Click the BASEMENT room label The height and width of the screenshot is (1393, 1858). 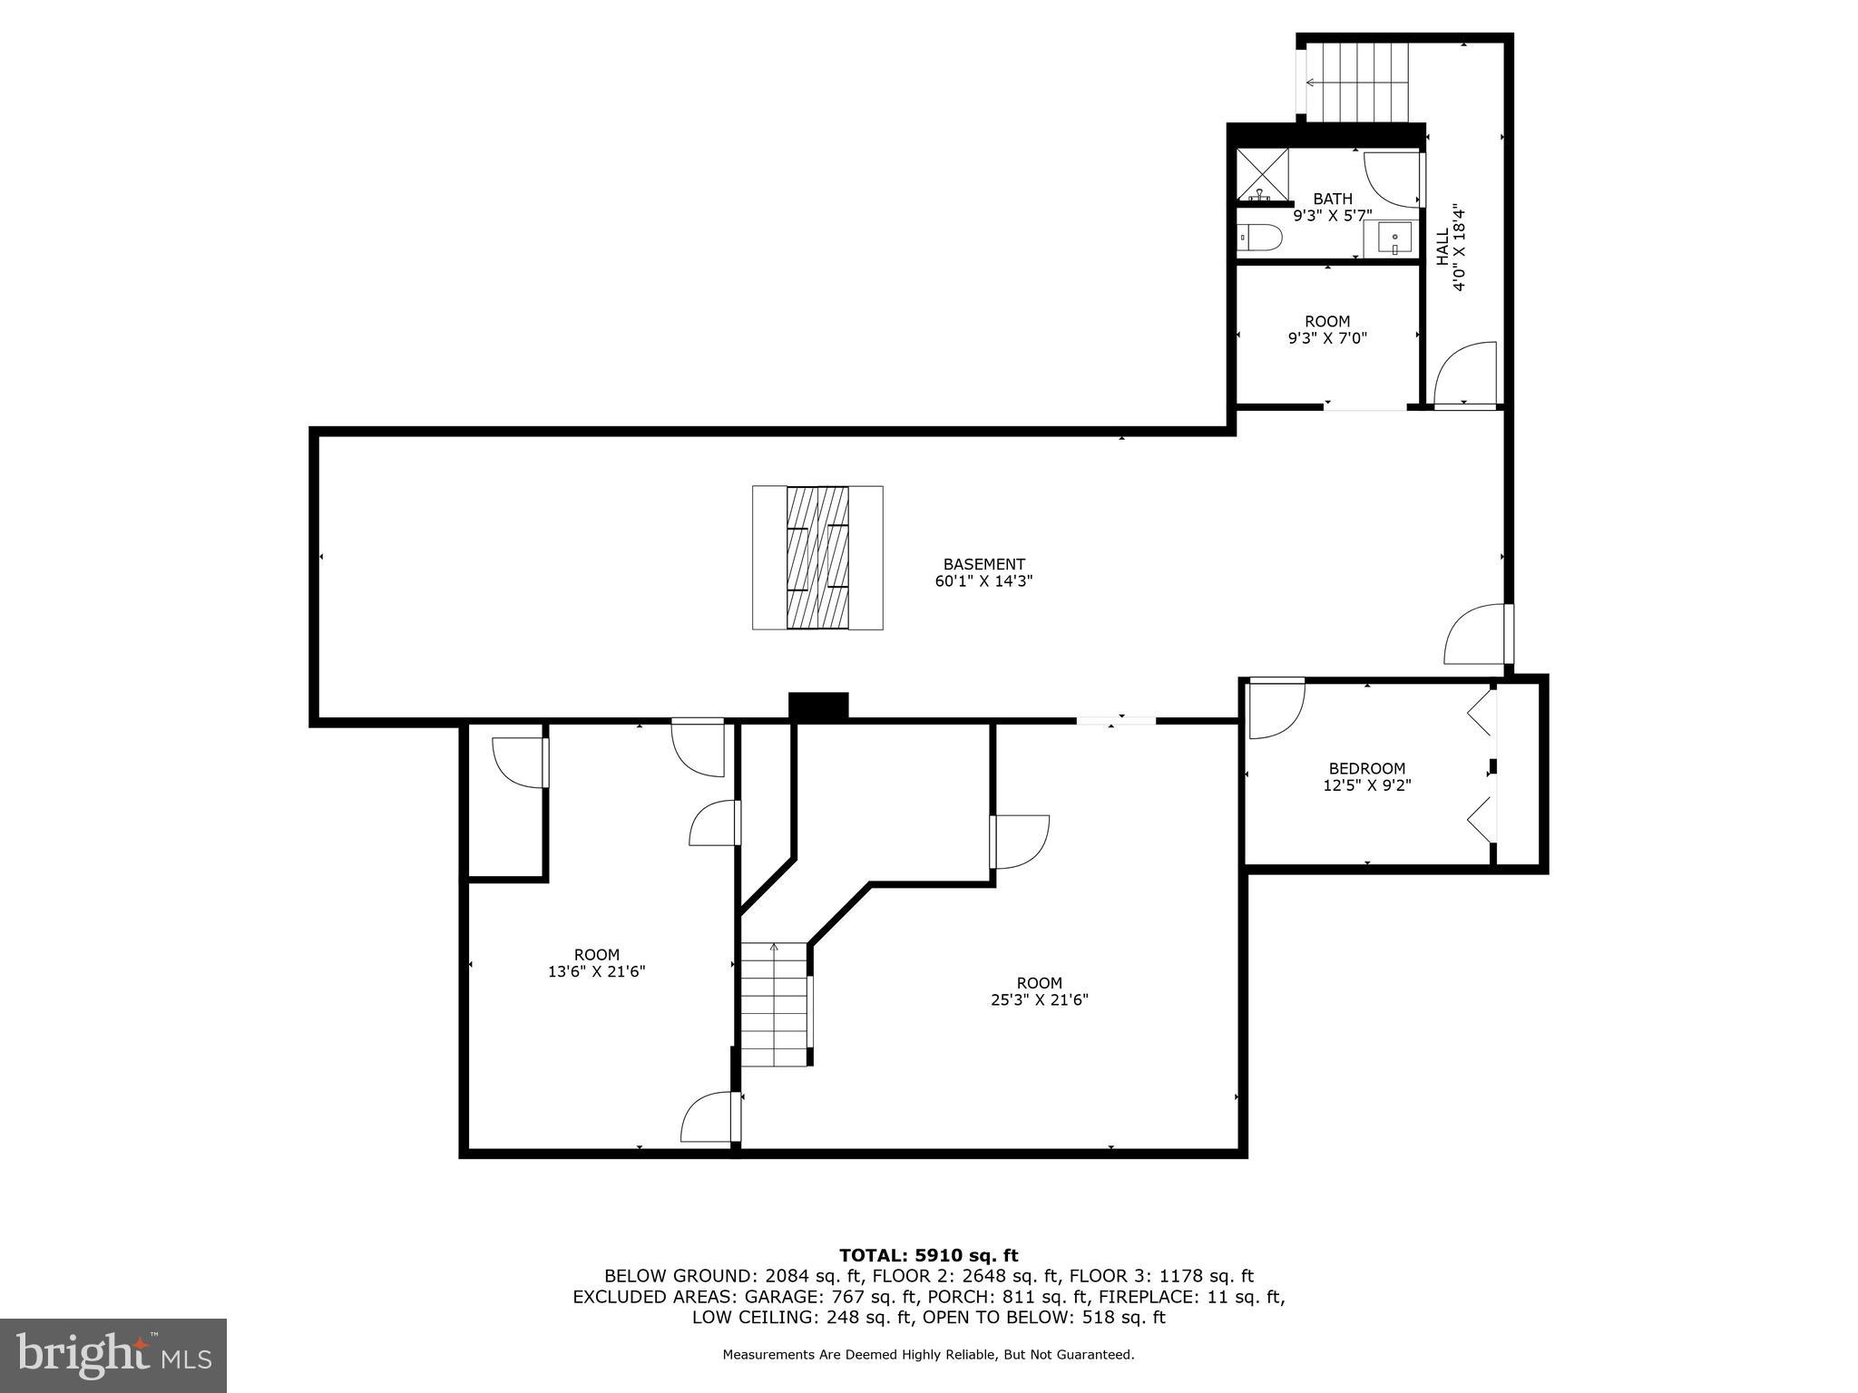(x=983, y=564)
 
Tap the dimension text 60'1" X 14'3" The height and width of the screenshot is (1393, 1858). (x=983, y=581)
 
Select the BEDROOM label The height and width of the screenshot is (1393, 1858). (x=1366, y=768)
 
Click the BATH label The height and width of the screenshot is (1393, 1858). (x=1332, y=199)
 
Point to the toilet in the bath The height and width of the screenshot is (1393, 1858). (x=1260, y=239)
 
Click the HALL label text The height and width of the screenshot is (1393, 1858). (x=1442, y=247)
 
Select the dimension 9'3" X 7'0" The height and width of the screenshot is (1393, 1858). (x=1327, y=338)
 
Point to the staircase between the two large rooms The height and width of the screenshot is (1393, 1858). (x=774, y=1004)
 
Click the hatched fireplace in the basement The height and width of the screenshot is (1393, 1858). (x=817, y=558)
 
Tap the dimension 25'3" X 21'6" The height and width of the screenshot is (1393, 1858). (x=1039, y=1000)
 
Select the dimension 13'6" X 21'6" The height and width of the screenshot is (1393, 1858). (x=596, y=971)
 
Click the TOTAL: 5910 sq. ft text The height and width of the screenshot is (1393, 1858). (x=928, y=1255)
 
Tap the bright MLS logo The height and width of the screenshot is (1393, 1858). (x=113, y=1356)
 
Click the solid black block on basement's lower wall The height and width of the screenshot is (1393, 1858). (x=817, y=706)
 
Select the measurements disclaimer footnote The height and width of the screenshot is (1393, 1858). (x=928, y=1355)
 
